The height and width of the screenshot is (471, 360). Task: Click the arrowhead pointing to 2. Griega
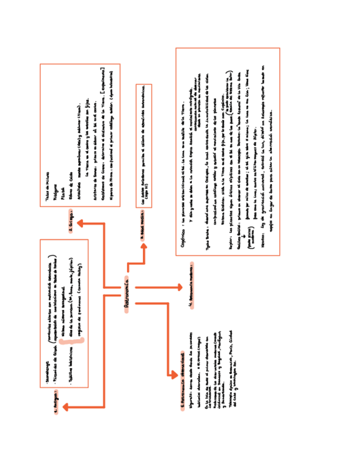point(79,223)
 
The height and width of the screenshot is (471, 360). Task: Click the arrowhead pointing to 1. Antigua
point(66,407)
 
